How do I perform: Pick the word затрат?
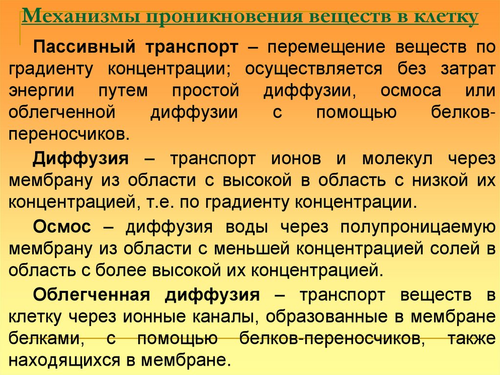[465, 69]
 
